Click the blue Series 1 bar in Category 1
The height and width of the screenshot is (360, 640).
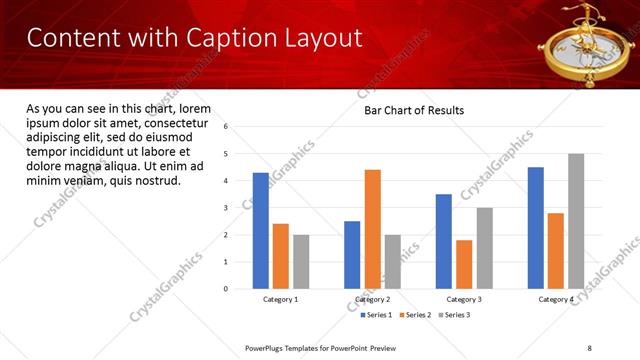click(x=261, y=231)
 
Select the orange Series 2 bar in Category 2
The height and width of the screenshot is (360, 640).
click(x=372, y=229)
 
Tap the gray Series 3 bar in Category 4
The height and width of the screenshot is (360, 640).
click(x=576, y=221)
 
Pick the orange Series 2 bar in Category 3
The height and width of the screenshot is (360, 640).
click(x=464, y=264)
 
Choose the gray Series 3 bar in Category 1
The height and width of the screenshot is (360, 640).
click(x=301, y=262)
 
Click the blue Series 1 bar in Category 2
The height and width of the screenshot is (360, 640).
click(x=352, y=255)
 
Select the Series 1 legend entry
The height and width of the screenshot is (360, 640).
click(x=377, y=315)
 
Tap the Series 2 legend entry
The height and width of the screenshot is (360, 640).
click(x=416, y=315)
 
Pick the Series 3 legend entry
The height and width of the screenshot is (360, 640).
click(x=454, y=315)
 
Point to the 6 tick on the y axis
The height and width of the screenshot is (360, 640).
click(x=226, y=127)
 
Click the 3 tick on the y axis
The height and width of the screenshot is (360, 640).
click(x=226, y=208)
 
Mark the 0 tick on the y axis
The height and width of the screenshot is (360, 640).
click(x=226, y=289)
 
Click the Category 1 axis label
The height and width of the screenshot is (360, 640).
click(x=281, y=300)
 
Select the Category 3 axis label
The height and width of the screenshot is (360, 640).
click(x=464, y=300)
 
